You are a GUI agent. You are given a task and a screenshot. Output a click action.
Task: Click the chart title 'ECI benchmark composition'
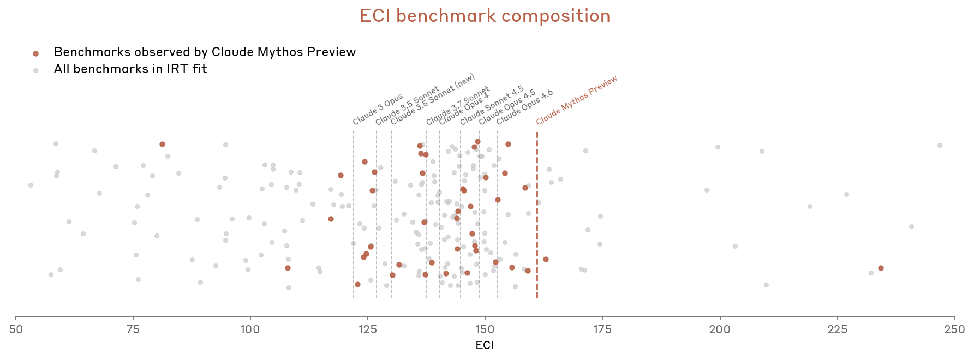point(485,16)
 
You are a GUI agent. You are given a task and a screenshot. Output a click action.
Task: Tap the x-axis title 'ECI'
point(485,345)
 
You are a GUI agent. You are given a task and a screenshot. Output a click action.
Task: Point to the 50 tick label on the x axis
point(16,329)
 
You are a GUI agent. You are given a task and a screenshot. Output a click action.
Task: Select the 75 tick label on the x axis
point(133,329)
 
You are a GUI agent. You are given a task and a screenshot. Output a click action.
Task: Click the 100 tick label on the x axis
point(250,329)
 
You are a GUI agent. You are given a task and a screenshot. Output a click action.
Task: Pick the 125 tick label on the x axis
point(368,329)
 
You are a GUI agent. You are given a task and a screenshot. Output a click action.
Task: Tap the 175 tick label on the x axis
point(602,329)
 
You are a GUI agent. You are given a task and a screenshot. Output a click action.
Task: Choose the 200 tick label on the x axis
point(720,329)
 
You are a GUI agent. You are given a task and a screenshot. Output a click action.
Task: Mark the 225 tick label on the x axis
point(837,329)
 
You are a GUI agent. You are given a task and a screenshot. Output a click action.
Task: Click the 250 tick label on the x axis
point(954,329)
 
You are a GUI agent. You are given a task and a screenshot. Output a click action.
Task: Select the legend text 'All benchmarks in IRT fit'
point(130,69)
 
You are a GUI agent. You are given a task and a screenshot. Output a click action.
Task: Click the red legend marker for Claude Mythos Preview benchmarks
point(36,53)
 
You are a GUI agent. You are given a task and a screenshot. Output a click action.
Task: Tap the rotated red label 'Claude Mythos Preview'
point(576,100)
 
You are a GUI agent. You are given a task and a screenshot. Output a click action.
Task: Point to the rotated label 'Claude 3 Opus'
point(378,109)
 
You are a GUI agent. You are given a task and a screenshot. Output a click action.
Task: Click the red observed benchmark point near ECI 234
point(881,268)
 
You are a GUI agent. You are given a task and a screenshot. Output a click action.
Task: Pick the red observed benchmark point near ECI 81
point(162,144)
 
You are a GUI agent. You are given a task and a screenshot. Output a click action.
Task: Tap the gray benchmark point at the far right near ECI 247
point(940,145)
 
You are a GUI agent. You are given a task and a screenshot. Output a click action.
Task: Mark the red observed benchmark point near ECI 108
point(288,268)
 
